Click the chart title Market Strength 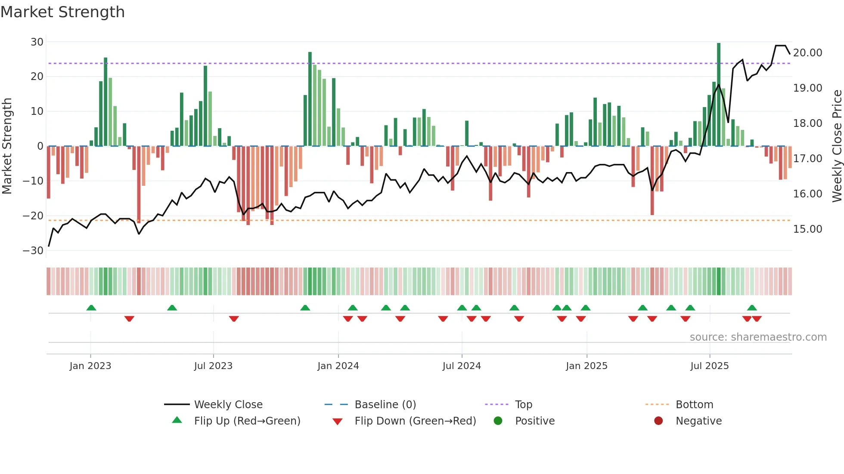(62, 12)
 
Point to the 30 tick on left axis (37, 42)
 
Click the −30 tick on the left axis (33, 251)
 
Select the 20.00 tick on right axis (807, 53)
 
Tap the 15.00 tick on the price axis (807, 229)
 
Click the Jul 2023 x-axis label (213, 366)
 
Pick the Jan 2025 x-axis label (586, 366)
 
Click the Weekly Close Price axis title (837, 146)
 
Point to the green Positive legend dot (498, 421)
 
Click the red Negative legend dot (658, 421)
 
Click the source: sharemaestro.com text (758, 337)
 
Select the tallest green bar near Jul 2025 (719, 95)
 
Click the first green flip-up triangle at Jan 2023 (91, 308)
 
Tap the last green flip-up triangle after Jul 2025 (752, 308)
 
